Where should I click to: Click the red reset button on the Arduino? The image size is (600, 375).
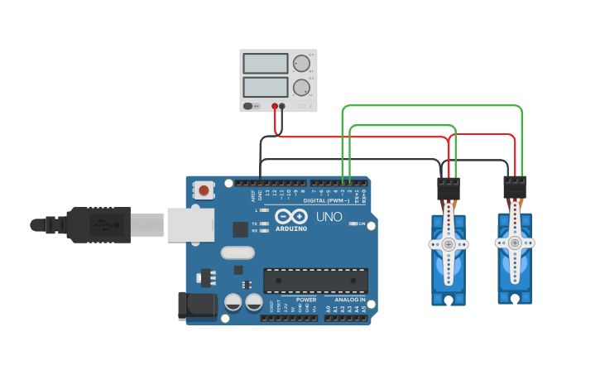[204, 191]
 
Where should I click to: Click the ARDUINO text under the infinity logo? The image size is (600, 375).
[291, 228]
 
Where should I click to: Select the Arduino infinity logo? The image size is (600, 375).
[290, 217]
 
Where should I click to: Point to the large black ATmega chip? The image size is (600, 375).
[315, 280]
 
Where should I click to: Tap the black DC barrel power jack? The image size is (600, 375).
[197, 305]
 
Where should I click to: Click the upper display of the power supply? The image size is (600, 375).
[265, 64]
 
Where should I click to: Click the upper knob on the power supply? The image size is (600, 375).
[302, 64]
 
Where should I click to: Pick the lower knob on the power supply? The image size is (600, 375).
[302, 87]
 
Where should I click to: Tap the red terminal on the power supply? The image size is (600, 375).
[274, 106]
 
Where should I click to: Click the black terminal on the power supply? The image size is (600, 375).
[282, 106]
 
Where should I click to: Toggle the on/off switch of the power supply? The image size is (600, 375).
[249, 106]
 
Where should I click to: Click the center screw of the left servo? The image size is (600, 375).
[449, 244]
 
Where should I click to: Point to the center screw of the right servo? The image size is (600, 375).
[515, 243]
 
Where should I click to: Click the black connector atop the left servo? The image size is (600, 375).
[449, 189]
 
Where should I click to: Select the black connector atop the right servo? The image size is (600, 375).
[515, 187]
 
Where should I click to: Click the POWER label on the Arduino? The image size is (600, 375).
[306, 300]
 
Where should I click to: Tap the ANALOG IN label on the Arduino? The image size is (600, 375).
[350, 300]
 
